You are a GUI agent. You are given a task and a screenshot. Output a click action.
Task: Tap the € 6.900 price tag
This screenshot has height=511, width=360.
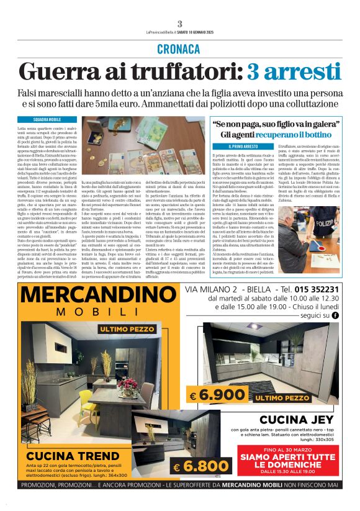(x=209, y=395)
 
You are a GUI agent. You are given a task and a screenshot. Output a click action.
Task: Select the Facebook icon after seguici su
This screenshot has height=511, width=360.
(x=336, y=315)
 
